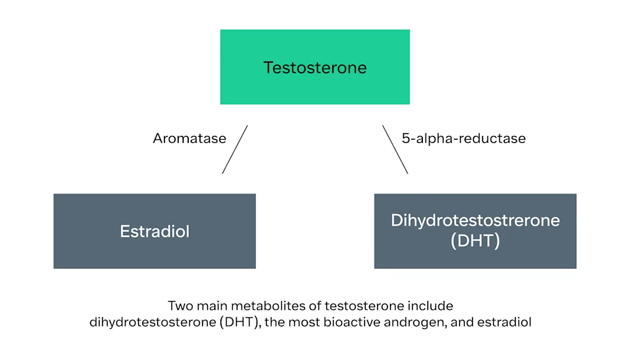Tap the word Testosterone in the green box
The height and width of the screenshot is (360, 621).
pos(315,67)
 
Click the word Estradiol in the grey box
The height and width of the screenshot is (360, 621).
pos(155,232)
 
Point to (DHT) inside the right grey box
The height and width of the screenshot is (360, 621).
pos(475,241)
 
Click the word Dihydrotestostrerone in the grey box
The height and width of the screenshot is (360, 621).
pos(475,220)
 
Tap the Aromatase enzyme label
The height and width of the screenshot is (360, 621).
pos(189,138)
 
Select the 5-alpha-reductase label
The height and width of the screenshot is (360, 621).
pos(463,138)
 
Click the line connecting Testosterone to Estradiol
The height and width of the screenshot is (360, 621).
pos(235,150)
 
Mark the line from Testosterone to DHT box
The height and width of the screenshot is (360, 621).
pos(395,150)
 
